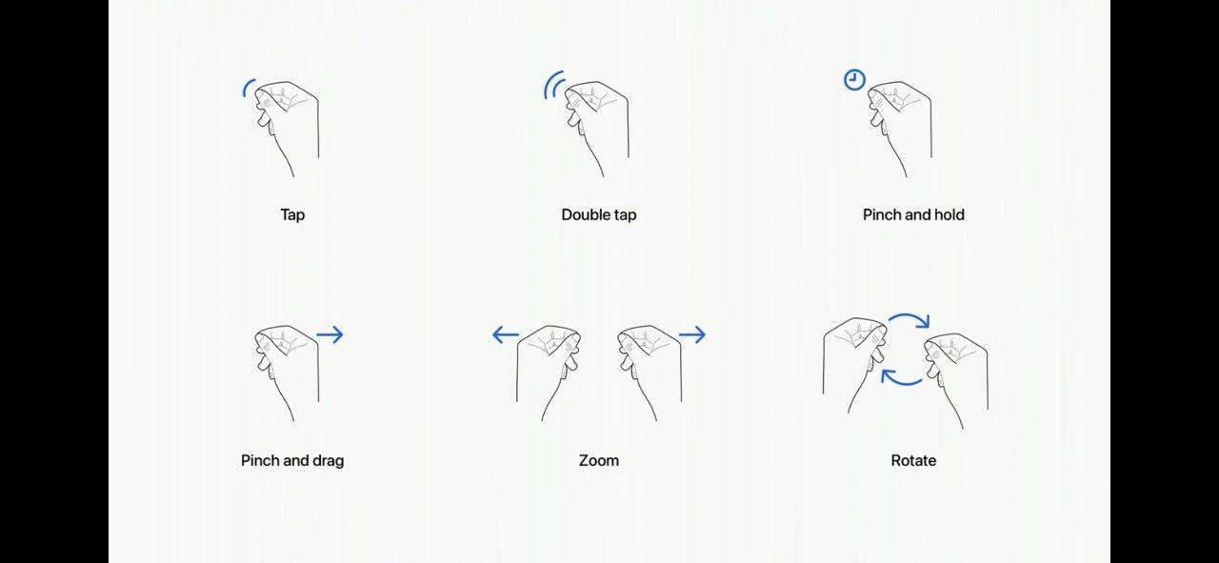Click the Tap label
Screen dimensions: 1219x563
click(x=292, y=215)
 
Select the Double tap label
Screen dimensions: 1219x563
click(x=599, y=215)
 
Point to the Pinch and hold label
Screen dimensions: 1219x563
click(x=913, y=215)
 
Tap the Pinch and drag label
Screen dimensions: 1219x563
click(x=292, y=461)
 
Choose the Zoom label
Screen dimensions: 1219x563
click(x=599, y=461)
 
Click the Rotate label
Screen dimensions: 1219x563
click(x=913, y=461)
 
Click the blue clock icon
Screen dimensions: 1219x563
click(x=854, y=79)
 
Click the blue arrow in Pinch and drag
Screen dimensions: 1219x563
click(x=330, y=335)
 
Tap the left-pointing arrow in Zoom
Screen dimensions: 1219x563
click(x=506, y=335)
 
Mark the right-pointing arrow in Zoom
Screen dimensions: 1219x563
click(x=692, y=335)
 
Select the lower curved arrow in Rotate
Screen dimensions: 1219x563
click(x=901, y=382)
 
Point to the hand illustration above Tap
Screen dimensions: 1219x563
click(x=287, y=129)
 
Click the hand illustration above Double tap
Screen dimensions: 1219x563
click(x=596, y=129)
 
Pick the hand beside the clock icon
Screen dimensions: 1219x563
click(x=900, y=129)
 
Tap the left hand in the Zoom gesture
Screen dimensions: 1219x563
click(x=549, y=373)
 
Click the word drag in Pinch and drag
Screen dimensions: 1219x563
click(x=329, y=461)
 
